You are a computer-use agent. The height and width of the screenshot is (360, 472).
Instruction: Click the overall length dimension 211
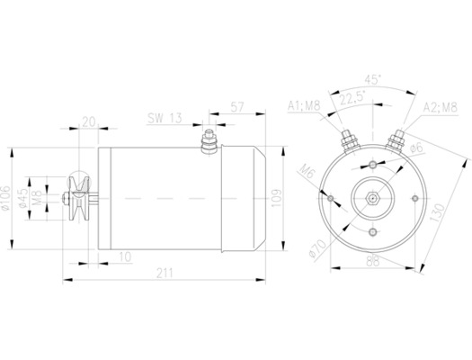[x=165, y=273]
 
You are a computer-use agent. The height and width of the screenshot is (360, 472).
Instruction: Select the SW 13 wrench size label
[x=166, y=118]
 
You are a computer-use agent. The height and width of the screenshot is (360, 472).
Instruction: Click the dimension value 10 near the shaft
[x=125, y=257]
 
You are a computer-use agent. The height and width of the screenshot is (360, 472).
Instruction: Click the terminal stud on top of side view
[x=209, y=141]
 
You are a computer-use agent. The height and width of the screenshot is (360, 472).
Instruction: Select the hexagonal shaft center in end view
[x=371, y=195]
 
